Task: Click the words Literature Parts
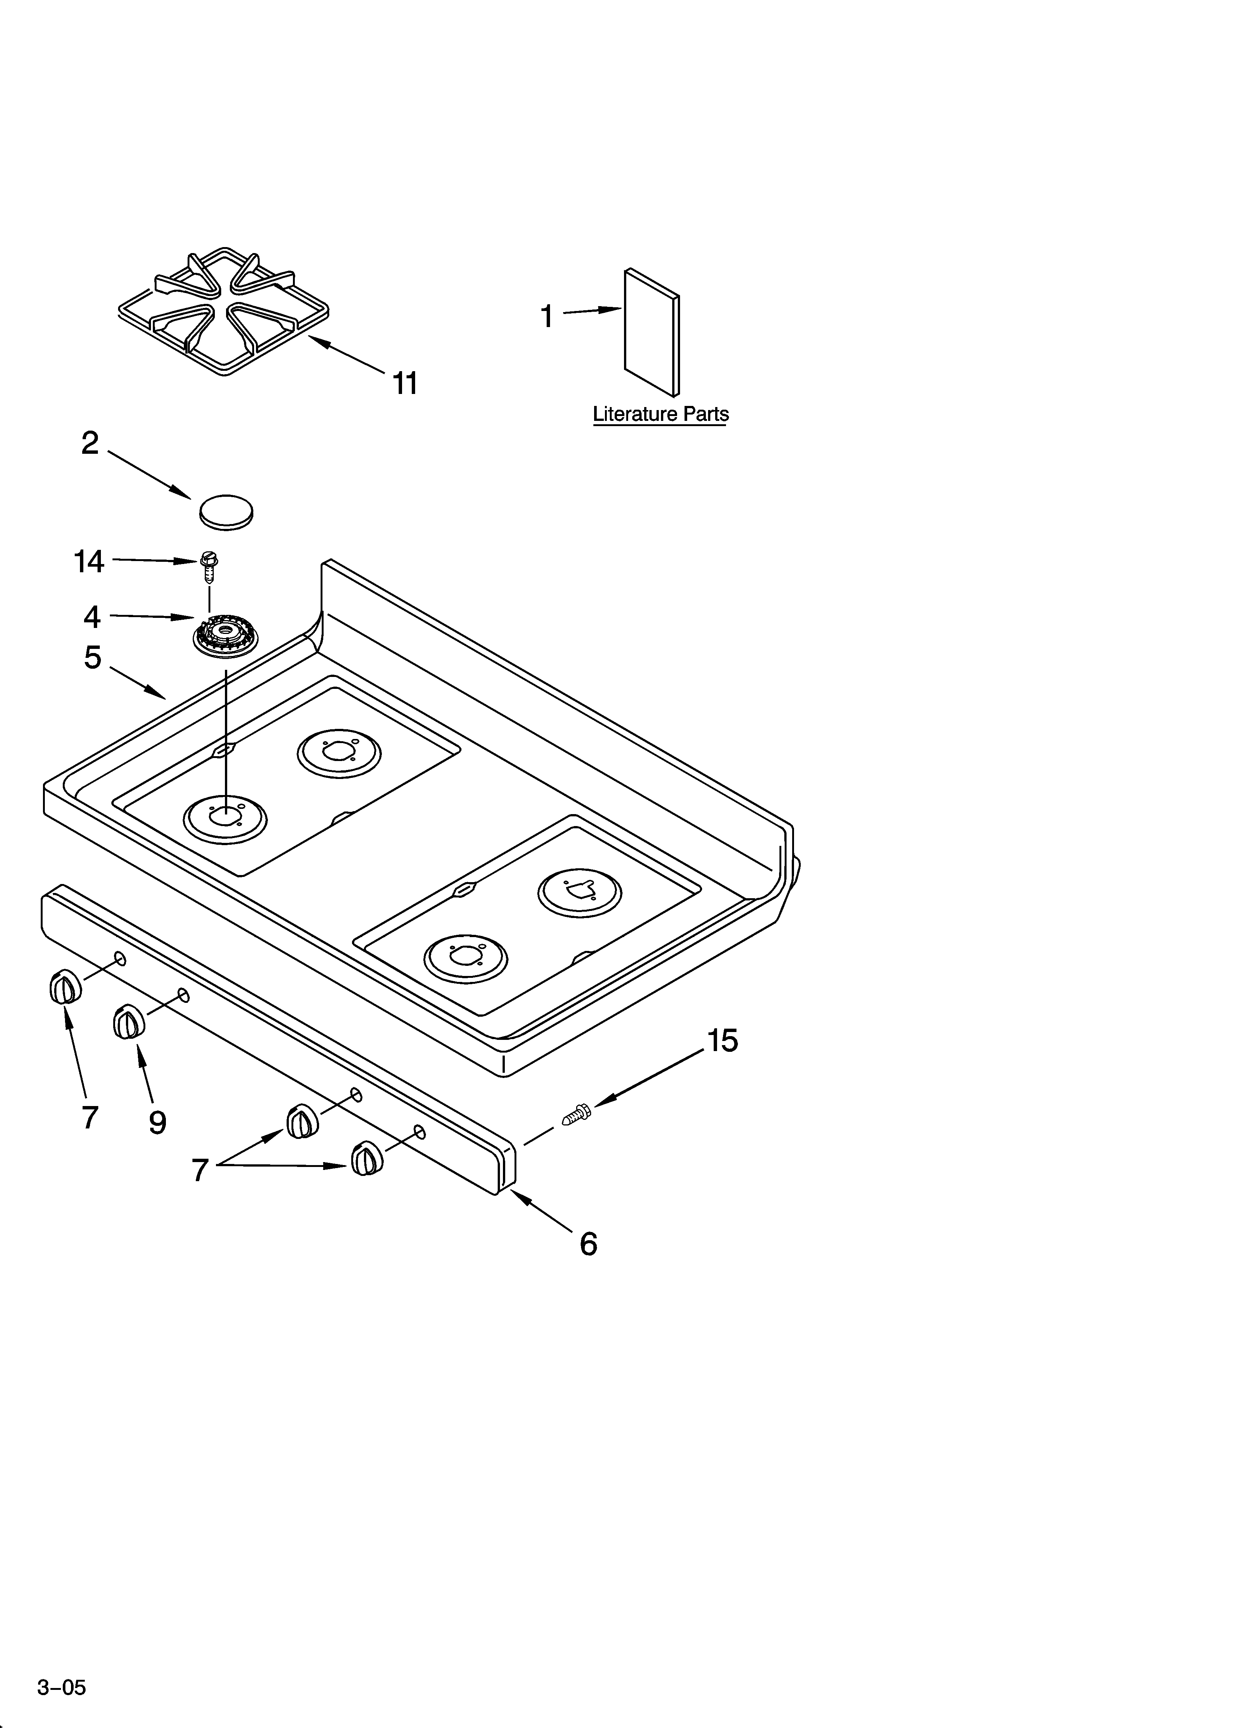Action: pyautogui.click(x=661, y=415)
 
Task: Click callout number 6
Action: pyautogui.click(x=588, y=1244)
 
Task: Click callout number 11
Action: pyautogui.click(x=405, y=383)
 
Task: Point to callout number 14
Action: pyautogui.click(x=89, y=561)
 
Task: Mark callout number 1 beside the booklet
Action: pyautogui.click(x=546, y=316)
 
